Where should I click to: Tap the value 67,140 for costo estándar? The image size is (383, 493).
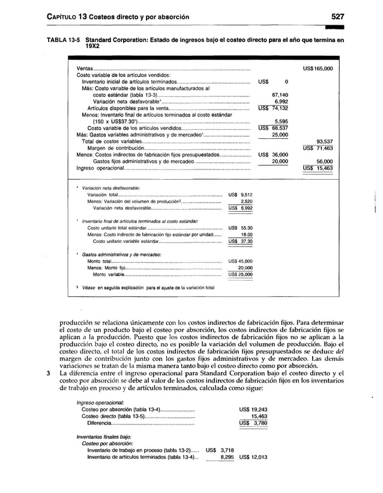[x=282, y=95]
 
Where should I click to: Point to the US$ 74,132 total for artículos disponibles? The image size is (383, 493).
[x=274, y=108]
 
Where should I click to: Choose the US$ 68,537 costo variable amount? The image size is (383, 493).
[x=274, y=128]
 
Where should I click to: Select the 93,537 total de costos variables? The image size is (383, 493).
[x=324, y=141]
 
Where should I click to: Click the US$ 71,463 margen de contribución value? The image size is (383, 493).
[x=318, y=148]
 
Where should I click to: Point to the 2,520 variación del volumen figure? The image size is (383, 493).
[x=246, y=201]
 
